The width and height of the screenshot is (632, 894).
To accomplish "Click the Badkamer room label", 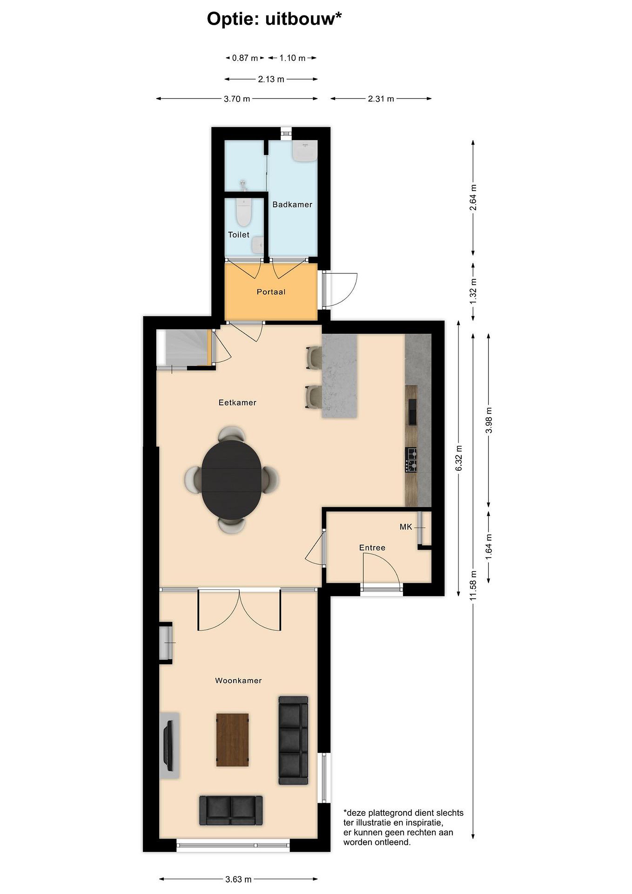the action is click(292, 205).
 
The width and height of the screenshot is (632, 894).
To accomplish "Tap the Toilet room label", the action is click(239, 234).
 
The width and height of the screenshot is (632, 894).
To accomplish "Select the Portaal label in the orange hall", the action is click(271, 292).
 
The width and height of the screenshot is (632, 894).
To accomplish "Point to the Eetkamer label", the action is click(237, 403).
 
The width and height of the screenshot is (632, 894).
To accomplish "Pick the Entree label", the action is click(372, 548).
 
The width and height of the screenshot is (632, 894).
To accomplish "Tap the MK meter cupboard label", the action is click(406, 527).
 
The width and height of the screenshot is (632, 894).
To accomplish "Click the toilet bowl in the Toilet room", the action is click(244, 212).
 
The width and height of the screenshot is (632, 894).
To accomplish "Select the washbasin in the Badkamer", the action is click(306, 151).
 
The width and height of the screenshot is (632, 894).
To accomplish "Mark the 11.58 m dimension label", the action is click(473, 585).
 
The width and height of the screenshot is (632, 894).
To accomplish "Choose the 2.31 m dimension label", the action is click(381, 99).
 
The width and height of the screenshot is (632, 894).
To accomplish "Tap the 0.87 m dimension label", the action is click(245, 58).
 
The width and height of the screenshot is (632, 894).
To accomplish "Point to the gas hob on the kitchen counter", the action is click(411, 460).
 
